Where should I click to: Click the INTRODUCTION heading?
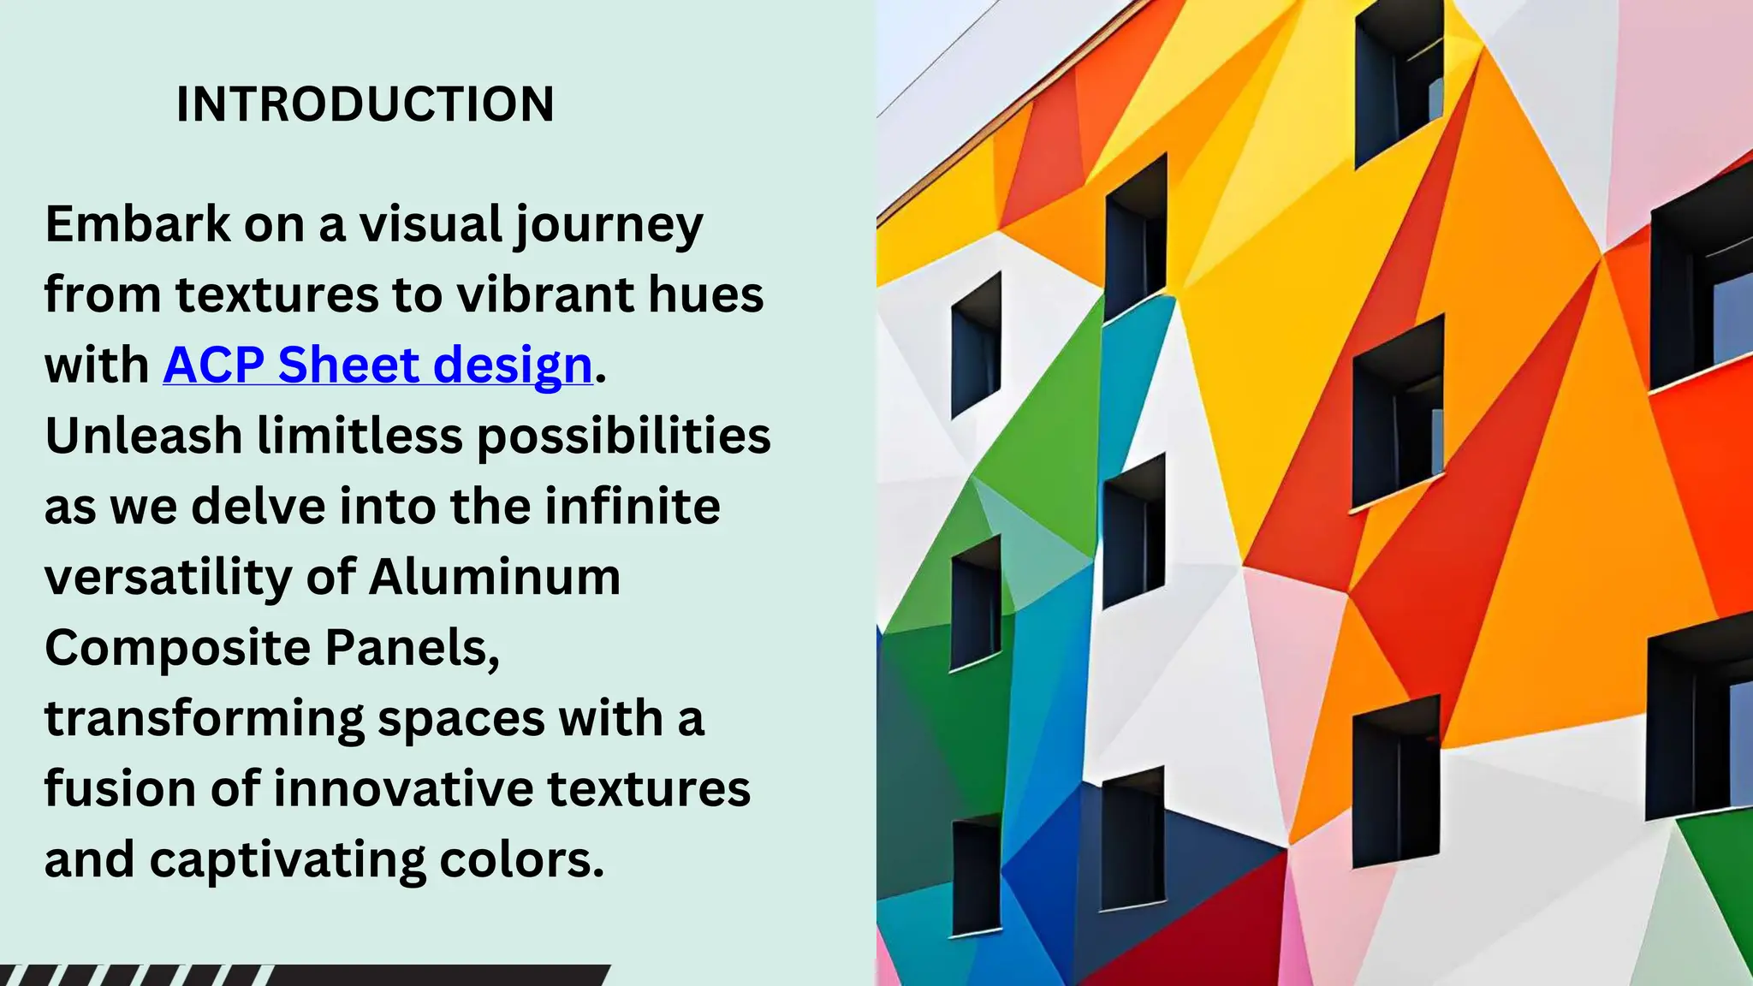tap(365, 104)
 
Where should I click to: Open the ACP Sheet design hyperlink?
tap(377, 365)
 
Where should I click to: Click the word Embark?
tap(137, 224)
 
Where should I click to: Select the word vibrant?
tap(544, 295)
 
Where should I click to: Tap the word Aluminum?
tap(494, 577)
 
